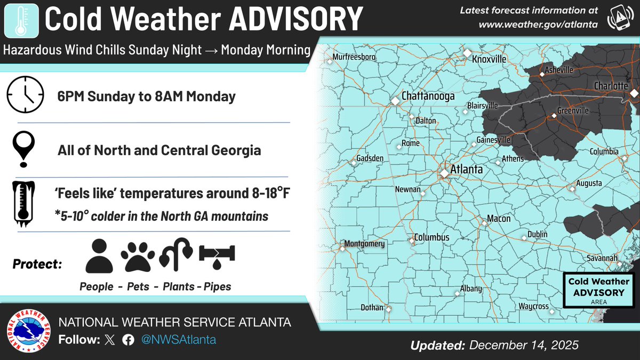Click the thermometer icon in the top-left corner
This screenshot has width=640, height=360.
point(20,20)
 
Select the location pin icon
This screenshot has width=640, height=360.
point(25,149)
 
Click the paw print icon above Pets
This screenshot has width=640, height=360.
point(138,256)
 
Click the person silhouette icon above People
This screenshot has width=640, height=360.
point(99,256)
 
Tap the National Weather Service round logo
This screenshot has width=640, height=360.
point(27,332)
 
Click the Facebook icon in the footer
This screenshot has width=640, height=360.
point(127,340)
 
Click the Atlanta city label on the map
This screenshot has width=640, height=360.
point(466,170)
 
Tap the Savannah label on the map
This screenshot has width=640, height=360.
point(602,258)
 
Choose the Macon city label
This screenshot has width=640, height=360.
point(498,219)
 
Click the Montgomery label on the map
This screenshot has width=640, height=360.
point(365,244)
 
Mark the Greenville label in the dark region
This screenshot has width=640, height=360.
point(573,110)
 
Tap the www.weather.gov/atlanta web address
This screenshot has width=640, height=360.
point(538,24)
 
